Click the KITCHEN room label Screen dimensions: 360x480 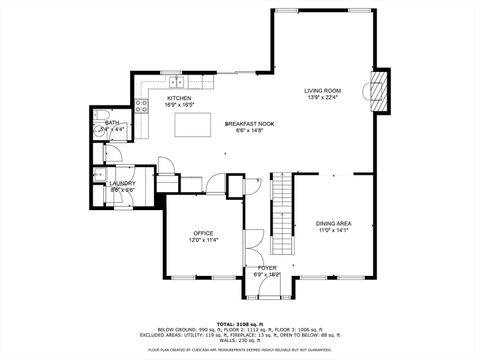click(165, 98)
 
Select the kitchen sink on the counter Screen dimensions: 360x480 click(175, 79)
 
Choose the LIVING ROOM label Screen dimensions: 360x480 click(322, 91)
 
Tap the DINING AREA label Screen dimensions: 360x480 click(333, 223)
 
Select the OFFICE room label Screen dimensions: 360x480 click(203, 233)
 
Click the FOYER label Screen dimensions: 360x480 click(267, 268)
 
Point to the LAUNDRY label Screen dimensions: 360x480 click(124, 183)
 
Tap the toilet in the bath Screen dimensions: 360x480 click(104, 131)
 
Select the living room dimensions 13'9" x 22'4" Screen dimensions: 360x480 click(322, 98)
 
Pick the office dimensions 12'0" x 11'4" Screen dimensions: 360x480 click(203, 240)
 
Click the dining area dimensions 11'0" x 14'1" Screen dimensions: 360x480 click(333, 230)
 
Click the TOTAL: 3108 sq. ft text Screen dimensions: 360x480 click(239, 322)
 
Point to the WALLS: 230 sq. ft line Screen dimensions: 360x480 click(239, 341)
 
